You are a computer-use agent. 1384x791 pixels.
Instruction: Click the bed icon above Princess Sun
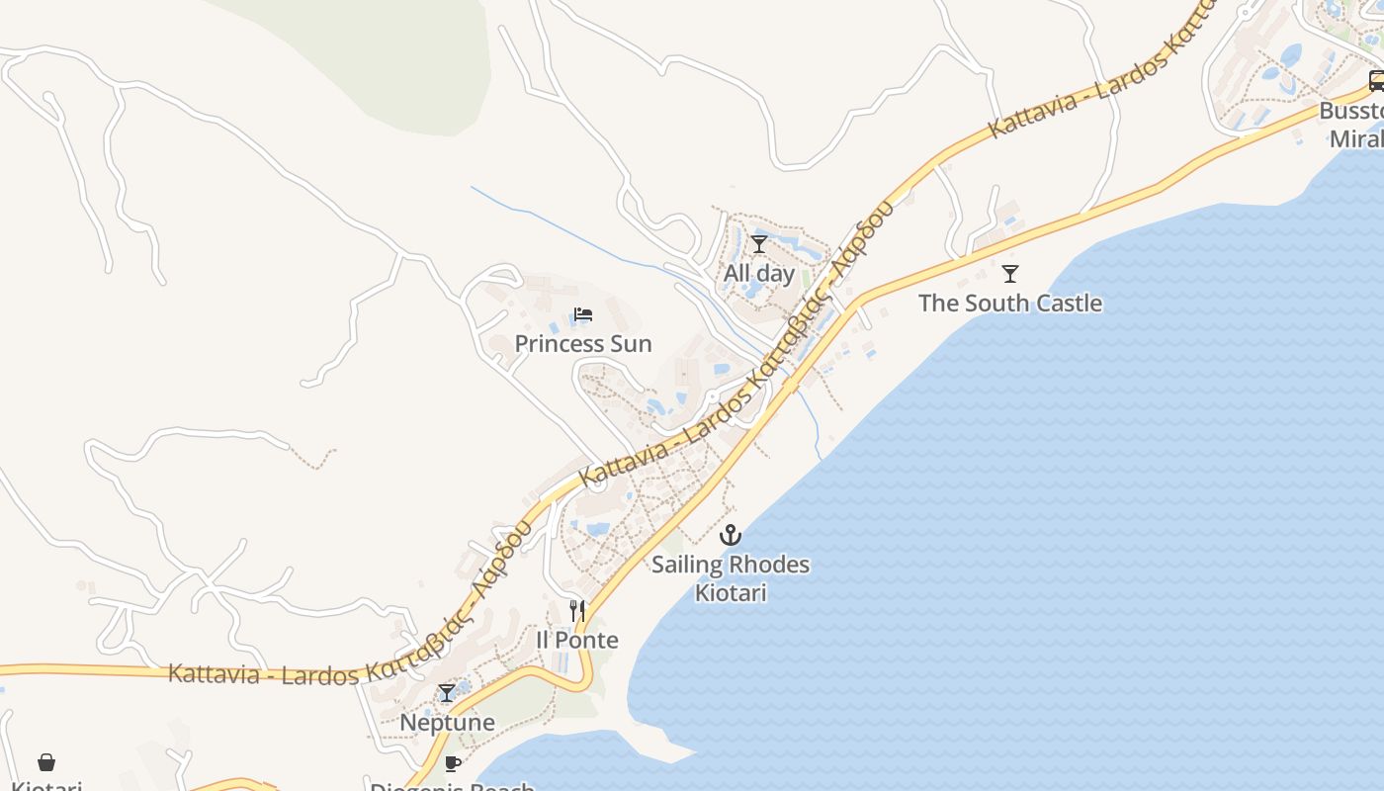click(x=583, y=315)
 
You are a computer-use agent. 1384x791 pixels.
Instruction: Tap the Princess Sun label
click(x=583, y=344)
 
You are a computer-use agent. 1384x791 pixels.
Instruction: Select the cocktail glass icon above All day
click(x=759, y=244)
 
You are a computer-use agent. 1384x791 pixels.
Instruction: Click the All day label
click(x=759, y=273)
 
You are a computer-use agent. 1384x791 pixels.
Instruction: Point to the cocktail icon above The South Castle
click(x=1009, y=273)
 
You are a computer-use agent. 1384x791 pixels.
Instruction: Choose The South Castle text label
click(x=1009, y=303)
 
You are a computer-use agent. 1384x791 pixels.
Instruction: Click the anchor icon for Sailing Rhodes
click(x=730, y=535)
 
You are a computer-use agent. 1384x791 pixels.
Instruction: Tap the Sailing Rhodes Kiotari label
click(x=730, y=578)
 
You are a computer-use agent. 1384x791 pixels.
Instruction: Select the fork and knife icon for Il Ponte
click(x=577, y=610)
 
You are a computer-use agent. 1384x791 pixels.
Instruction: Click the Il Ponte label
click(x=577, y=640)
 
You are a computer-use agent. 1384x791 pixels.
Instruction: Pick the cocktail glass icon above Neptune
click(x=447, y=693)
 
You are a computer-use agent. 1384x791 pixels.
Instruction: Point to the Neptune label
click(x=447, y=723)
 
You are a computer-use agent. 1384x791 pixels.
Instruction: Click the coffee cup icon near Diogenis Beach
click(x=453, y=762)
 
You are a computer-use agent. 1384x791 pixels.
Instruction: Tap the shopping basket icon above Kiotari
click(x=46, y=761)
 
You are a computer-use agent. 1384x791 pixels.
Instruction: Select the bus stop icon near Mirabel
click(x=1376, y=80)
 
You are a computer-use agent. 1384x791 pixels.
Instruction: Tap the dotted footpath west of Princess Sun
click(x=314, y=459)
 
